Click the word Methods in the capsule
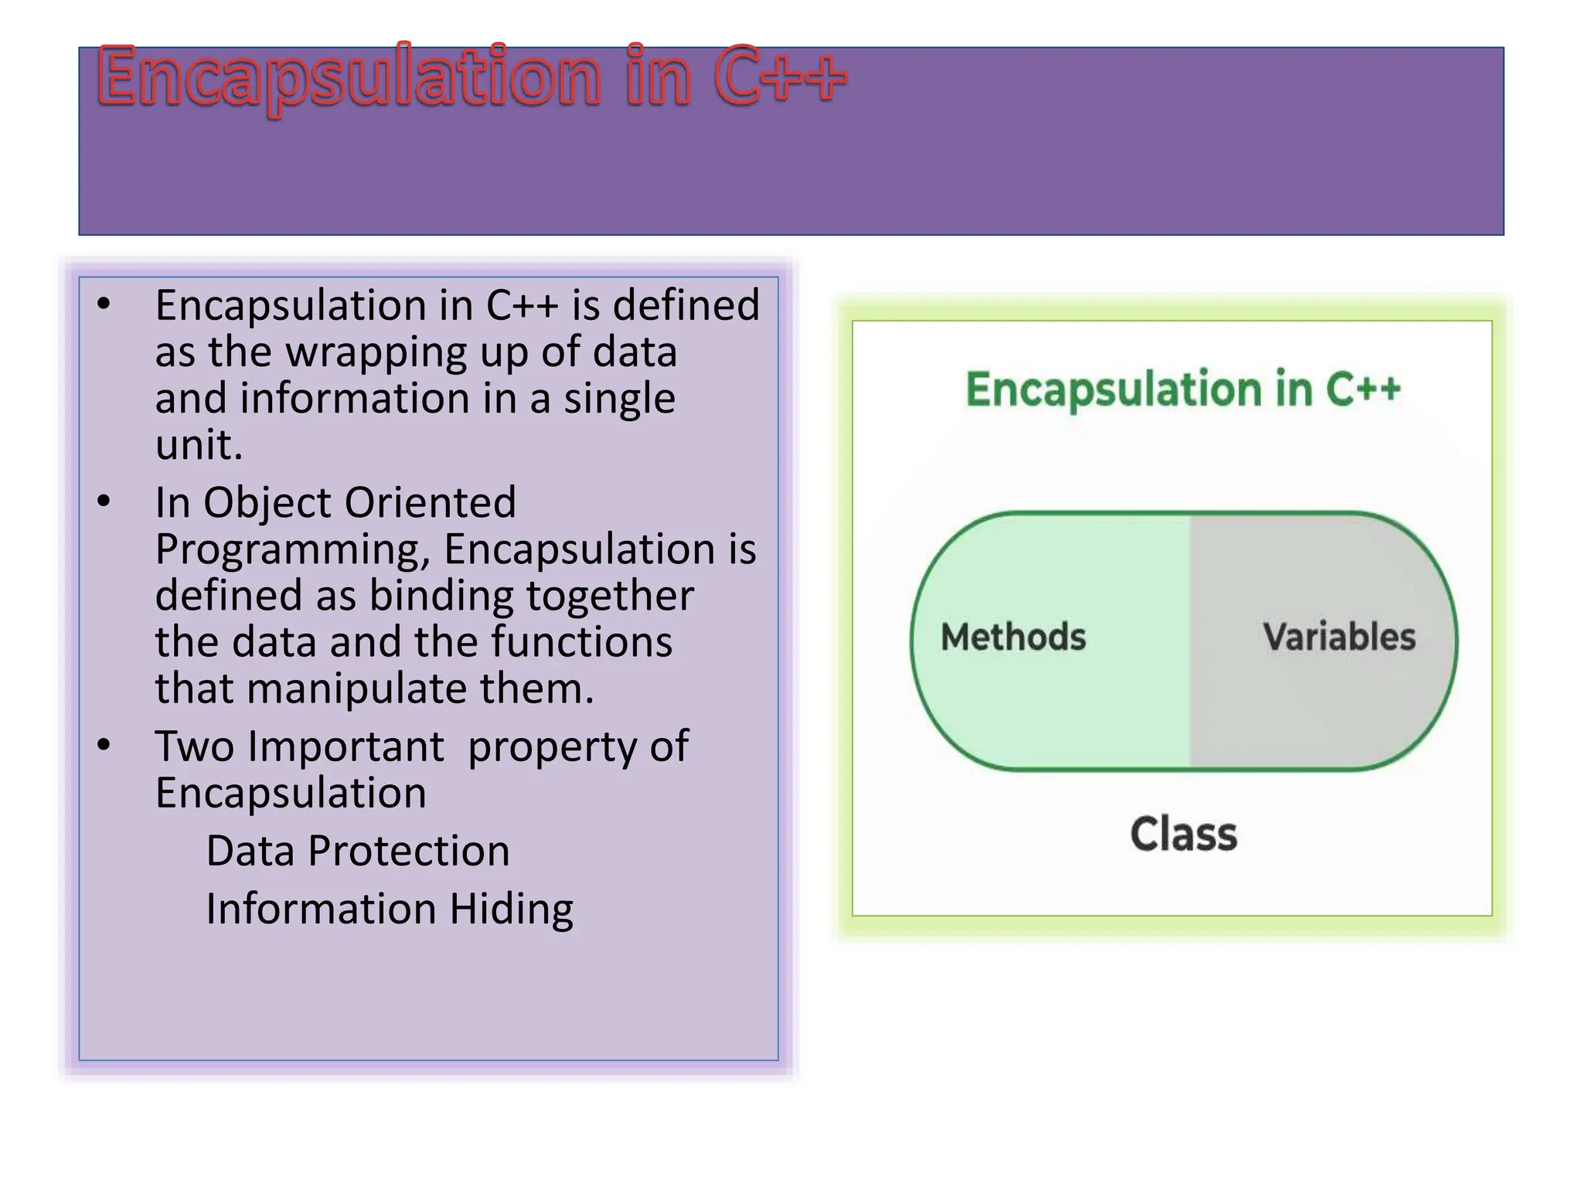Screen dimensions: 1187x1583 coord(1013,638)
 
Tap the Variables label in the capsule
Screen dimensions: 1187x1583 coord(1339,638)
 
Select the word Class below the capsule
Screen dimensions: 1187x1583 coord(1183,835)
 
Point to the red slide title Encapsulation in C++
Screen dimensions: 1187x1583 coord(471,77)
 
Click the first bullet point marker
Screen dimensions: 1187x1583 coord(104,304)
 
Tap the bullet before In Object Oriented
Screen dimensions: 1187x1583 coord(104,502)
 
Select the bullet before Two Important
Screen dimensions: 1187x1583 coord(104,746)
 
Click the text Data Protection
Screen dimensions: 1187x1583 coord(358,851)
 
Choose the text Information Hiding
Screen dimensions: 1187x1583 coord(390,909)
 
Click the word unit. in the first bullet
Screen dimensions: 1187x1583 coord(199,445)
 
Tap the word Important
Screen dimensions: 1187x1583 coord(346,747)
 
